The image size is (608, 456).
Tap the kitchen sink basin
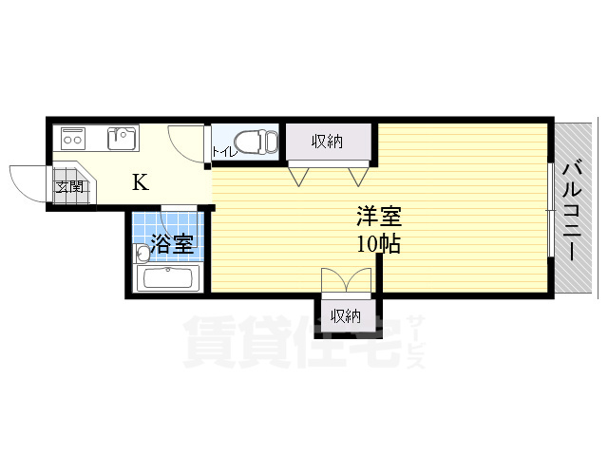(123, 140)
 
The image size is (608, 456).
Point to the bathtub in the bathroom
(166, 279)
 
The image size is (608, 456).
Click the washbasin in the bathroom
(142, 253)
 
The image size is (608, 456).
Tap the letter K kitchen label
(140, 181)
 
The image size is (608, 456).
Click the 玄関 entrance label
(69, 186)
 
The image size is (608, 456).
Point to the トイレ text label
(222, 151)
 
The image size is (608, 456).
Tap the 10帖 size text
(377, 244)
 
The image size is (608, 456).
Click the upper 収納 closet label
(327, 142)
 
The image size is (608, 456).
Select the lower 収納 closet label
(346, 315)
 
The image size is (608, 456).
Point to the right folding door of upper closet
(358, 176)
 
